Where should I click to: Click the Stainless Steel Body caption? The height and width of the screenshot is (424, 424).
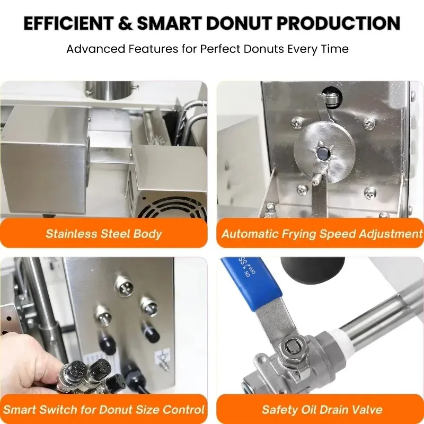click(x=104, y=234)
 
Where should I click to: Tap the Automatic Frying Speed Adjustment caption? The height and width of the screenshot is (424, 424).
click(x=321, y=234)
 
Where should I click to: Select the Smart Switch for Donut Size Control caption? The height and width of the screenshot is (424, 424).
click(x=104, y=409)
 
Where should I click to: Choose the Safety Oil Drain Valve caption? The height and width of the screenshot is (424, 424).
click(x=322, y=409)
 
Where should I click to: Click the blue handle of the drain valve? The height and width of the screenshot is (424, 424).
click(x=249, y=284)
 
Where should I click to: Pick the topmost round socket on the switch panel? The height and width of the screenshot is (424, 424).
click(x=123, y=286)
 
